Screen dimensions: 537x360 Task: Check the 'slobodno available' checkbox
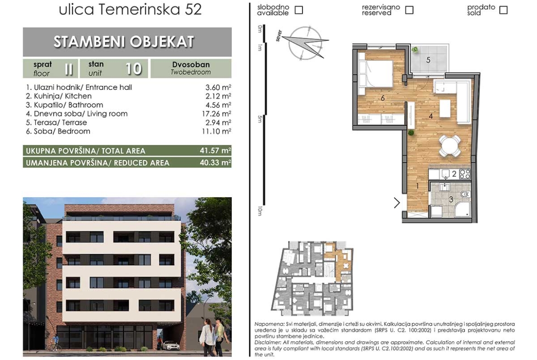click(299, 10)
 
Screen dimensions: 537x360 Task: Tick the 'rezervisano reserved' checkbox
click(409, 10)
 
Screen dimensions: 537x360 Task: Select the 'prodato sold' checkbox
click(503, 10)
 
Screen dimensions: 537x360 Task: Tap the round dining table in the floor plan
click(450, 146)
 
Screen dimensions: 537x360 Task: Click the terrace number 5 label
click(428, 60)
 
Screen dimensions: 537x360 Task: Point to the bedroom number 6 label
click(382, 98)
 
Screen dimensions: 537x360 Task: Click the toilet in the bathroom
click(464, 195)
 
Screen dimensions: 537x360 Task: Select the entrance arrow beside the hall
click(397, 203)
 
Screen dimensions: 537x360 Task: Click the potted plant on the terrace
click(415, 50)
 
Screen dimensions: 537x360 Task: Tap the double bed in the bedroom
click(376, 73)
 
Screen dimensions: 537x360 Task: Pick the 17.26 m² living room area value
click(216, 113)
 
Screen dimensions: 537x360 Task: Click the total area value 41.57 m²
click(215, 150)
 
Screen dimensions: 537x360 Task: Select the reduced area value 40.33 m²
click(215, 162)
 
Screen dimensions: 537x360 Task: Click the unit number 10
click(133, 69)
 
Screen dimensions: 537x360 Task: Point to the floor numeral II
click(68, 69)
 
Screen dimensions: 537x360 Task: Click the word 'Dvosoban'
click(191, 65)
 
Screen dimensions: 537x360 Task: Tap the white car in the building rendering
click(171, 345)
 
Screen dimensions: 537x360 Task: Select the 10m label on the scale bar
click(260, 211)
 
